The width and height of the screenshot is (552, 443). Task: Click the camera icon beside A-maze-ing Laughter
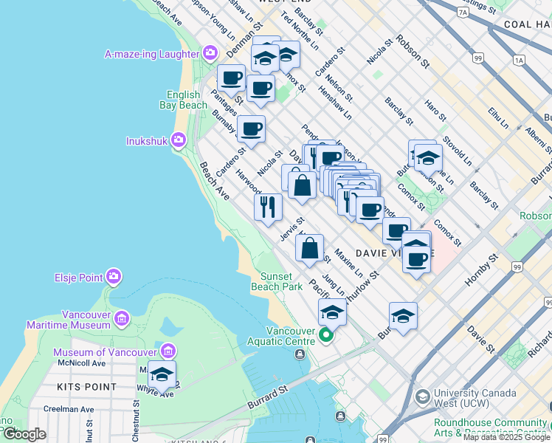click(x=210, y=53)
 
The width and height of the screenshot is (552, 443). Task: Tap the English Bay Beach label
click(x=183, y=100)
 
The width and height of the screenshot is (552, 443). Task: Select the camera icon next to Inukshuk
click(x=178, y=139)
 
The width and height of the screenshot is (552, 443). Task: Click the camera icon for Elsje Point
click(x=114, y=277)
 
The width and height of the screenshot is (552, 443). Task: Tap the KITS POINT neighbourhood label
click(x=88, y=387)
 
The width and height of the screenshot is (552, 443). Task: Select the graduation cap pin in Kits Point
click(x=162, y=374)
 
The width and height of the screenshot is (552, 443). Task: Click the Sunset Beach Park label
click(x=281, y=281)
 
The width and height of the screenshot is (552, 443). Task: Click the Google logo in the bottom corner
click(x=24, y=434)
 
